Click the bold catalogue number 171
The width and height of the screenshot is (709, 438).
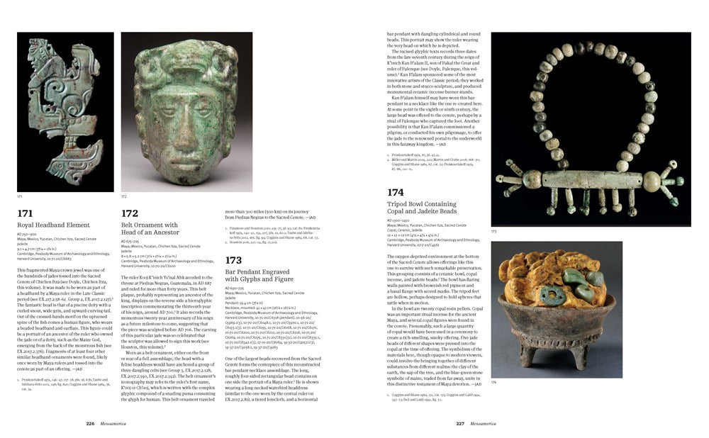pos(26,212)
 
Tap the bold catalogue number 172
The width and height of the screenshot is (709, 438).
pos(130,212)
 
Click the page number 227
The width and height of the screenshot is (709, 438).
pos(459,425)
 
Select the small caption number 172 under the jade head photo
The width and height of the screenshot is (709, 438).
pos(124,196)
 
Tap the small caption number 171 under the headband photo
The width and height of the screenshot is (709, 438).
pos(20,196)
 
